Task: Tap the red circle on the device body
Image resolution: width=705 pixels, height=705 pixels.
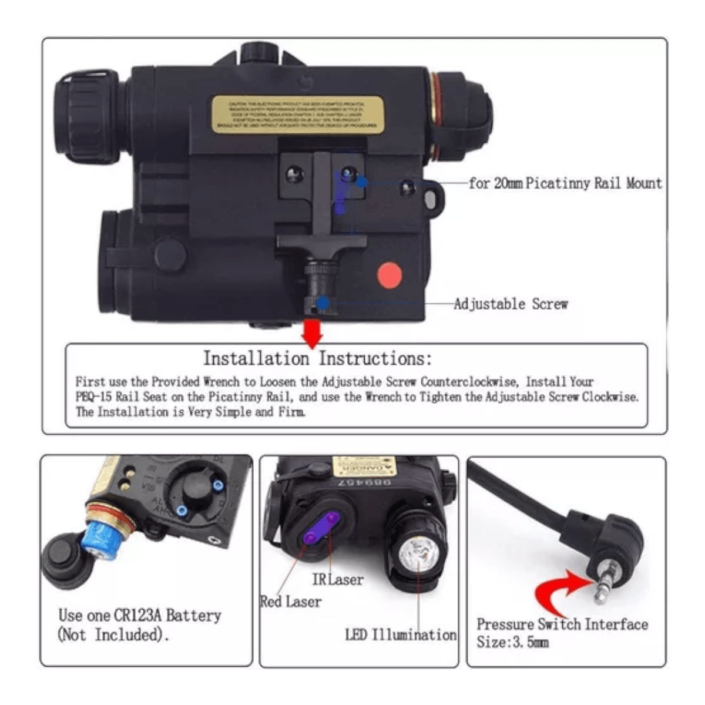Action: coord(389,275)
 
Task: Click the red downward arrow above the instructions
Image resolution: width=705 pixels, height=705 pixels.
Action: coord(312,333)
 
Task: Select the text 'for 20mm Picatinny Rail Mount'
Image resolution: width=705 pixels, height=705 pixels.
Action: coord(565,183)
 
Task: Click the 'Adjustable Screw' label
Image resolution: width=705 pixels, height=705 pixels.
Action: coord(511,304)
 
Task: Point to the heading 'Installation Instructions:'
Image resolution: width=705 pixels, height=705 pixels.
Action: coord(317,358)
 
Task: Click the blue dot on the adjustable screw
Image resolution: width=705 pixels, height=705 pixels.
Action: coord(323,303)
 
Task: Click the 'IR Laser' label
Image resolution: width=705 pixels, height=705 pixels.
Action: coord(338,580)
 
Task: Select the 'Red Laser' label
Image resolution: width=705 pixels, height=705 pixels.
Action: coord(291,602)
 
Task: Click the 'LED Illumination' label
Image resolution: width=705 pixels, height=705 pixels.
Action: coord(401,635)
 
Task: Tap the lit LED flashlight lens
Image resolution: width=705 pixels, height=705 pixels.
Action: coord(417,553)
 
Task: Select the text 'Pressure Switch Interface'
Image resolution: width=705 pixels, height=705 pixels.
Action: coord(562,624)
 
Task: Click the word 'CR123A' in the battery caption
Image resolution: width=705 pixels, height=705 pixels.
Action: coord(137,616)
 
